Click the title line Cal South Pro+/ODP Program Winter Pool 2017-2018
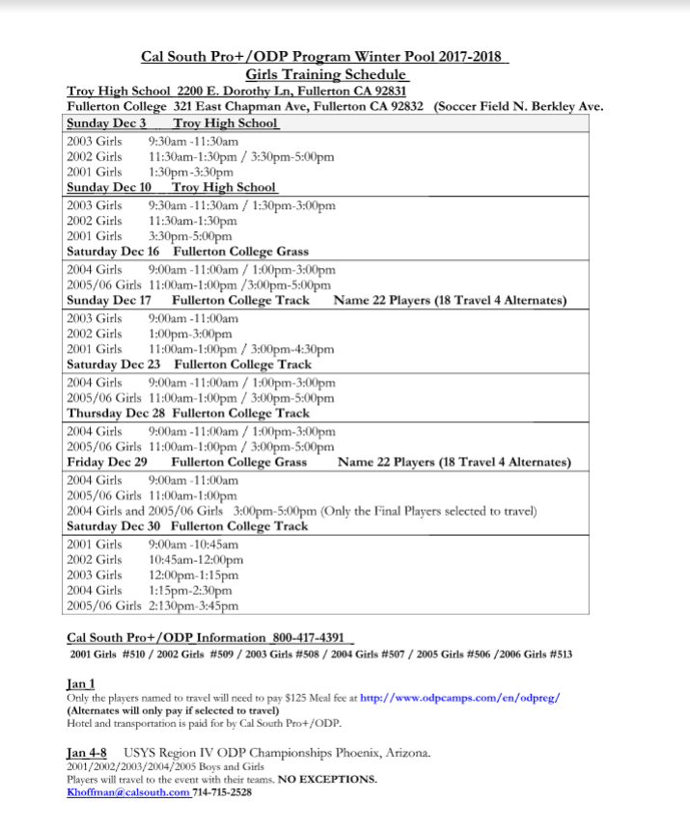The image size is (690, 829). click(324, 57)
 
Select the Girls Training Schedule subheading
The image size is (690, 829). click(325, 74)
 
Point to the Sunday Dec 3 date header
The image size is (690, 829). click(106, 123)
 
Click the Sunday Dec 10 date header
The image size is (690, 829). click(109, 187)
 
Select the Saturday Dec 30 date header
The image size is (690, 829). click(113, 526)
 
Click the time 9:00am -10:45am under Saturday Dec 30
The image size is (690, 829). click(193, 544)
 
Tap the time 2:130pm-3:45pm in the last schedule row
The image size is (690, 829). click(193, 606)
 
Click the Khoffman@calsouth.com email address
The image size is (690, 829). click(128, 791)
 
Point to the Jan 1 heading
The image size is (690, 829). click(80, 682)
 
